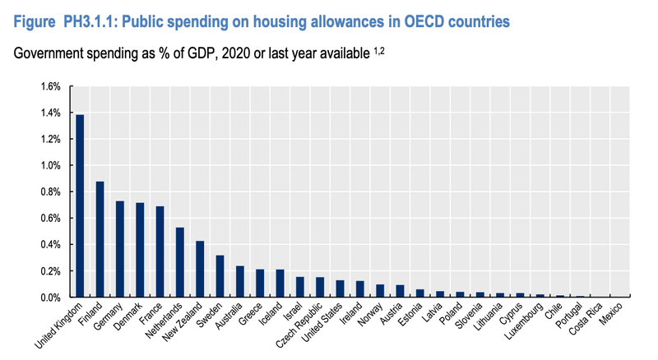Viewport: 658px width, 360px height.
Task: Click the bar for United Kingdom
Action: pos(80,205)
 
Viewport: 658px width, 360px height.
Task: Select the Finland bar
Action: pos(100,239)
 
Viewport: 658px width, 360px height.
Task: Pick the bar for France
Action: pos(160,252)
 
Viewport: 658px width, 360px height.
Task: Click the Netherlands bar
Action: pos(179,262)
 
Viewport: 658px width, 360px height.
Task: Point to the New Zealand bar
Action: pos(199,269)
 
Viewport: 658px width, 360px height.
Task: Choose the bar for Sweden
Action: pos(220,276)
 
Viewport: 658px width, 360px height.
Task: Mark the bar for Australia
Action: pos(239,281)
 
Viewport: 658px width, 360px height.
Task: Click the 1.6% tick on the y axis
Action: pos(50,86)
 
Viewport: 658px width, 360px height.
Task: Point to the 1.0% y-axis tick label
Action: pos(50,165)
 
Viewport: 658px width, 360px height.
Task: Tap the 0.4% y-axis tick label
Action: pos(50,244)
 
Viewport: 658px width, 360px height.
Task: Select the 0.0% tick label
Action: pos(50,297)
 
